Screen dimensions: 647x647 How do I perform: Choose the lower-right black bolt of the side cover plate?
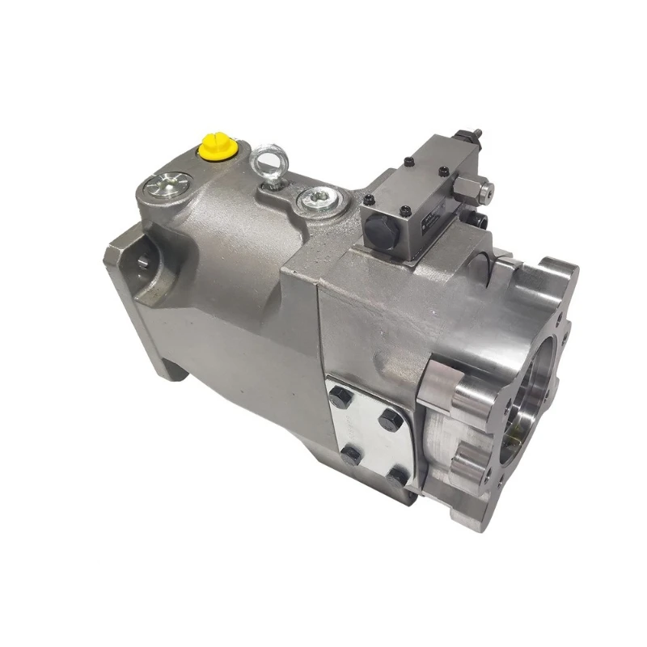point(397,478)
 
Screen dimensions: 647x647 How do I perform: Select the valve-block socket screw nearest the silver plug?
point(370,201)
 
